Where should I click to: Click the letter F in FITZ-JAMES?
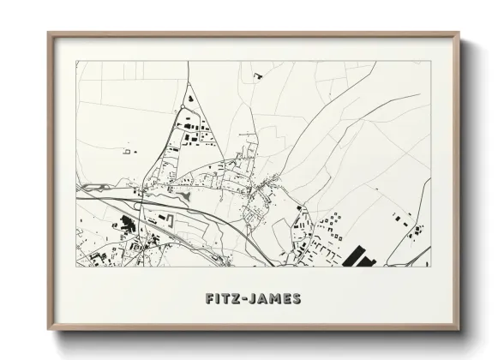[x=210, y=299]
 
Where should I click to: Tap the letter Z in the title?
[x=237, y=299]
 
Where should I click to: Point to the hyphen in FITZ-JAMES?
[x=248, y=299]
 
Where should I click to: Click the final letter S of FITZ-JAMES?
[x=296, y=299]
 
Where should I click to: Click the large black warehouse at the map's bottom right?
[x=360, y=256]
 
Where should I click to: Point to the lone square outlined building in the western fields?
[x=127, y=152]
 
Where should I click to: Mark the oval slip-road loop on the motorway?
[x=138, y=204]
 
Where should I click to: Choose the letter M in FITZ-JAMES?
[x=275, y=299]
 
